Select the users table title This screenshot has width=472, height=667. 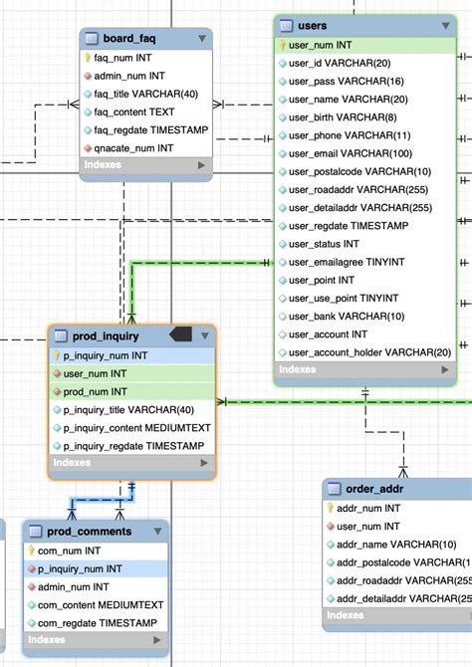(x=313, y=25)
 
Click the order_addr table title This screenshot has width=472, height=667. (x=373, y=489)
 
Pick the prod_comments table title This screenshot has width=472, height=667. (x=90, y=531)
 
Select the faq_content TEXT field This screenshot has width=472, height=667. (x=135, y=111)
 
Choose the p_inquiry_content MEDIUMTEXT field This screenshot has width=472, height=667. (x=137, y=428)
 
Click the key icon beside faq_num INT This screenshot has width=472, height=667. (x=88, y=58)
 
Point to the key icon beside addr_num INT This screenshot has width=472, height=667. (x=330, y=508)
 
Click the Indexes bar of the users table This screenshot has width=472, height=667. (x=363, y=369)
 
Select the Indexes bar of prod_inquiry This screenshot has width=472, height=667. (x=130, y=463)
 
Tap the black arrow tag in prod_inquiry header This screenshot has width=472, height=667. (x=183, y=333)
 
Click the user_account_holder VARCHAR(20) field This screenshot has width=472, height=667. (x=369, y=351)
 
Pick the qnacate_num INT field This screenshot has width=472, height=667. (x=133, y=147)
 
